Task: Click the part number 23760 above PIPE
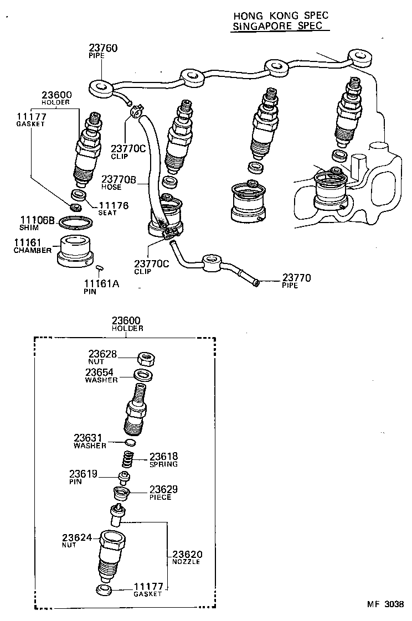tap(103, 48)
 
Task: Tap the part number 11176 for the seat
tap(114, 205)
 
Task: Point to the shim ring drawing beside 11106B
tap(76, 222)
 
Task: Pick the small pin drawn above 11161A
tap(100, 268)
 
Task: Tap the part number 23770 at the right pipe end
tap(297, 278)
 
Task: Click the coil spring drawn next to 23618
tap(127, 458)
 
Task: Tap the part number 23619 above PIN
tap(83, 474)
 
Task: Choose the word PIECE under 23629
tap(160, 497)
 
